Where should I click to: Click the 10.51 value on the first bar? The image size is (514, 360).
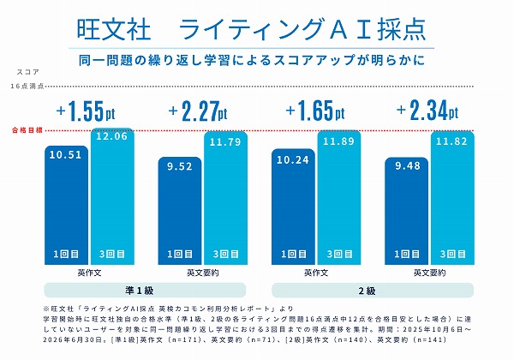coord(66,155)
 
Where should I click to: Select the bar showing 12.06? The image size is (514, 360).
coord(112,196)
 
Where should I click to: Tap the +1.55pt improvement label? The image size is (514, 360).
coord(86,111)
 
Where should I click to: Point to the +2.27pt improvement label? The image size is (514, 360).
coord(198,111)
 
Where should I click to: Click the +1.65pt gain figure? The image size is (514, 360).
coord(315,111)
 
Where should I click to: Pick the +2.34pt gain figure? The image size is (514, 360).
coord(427,111)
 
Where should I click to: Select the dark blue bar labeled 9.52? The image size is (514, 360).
coord(180,211)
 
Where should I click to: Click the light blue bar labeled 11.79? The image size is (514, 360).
coord(226,198)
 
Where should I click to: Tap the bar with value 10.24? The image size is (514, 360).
coord(293,207)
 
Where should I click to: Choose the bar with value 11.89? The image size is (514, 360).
coord(339,197)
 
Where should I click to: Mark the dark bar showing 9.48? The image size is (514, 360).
coord(406,211)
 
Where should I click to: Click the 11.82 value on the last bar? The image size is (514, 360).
coord(451,141)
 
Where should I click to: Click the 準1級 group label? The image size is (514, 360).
coord(140,291)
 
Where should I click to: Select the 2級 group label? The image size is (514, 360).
coord(367,291)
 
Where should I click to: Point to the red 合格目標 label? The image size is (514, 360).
coord(27,130)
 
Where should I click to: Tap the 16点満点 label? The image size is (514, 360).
coord(27,87)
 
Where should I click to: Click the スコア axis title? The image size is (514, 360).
coord(28,72)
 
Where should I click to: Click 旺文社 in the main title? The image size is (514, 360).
coord(113,29)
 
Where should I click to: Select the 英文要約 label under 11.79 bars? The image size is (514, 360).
coord(202,273)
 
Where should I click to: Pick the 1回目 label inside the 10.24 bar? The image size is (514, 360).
coord(294,254)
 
